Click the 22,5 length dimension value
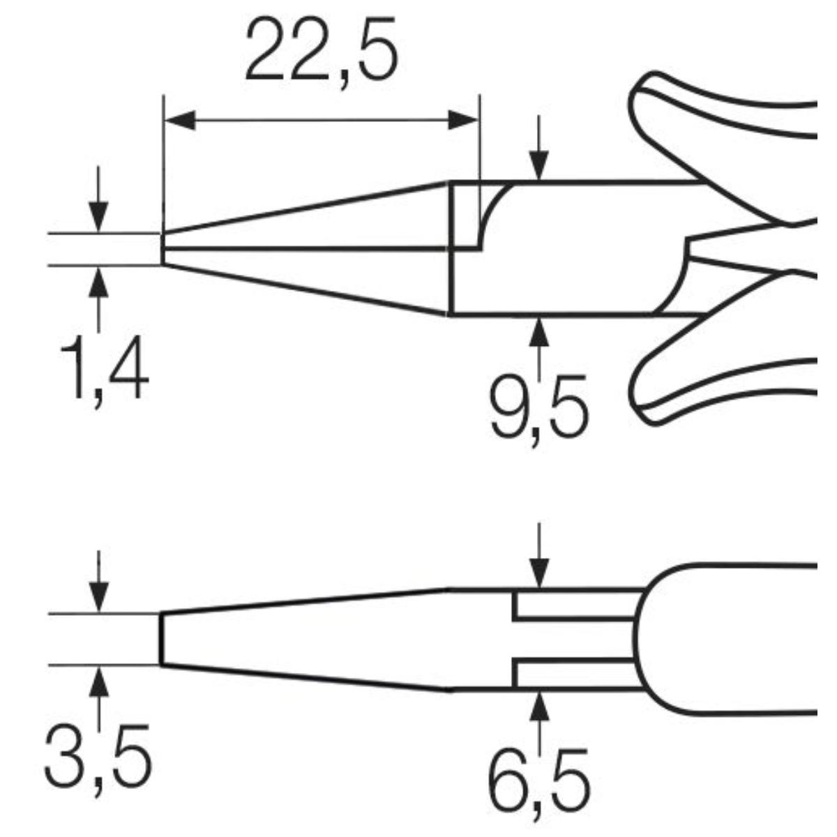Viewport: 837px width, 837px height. [x=322, y=51]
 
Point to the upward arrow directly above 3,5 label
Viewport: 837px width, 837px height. [x=99, y=680]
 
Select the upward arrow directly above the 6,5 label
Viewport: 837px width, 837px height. [x=538, y=706]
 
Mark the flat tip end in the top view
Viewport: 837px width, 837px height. [x=162, y=639]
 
